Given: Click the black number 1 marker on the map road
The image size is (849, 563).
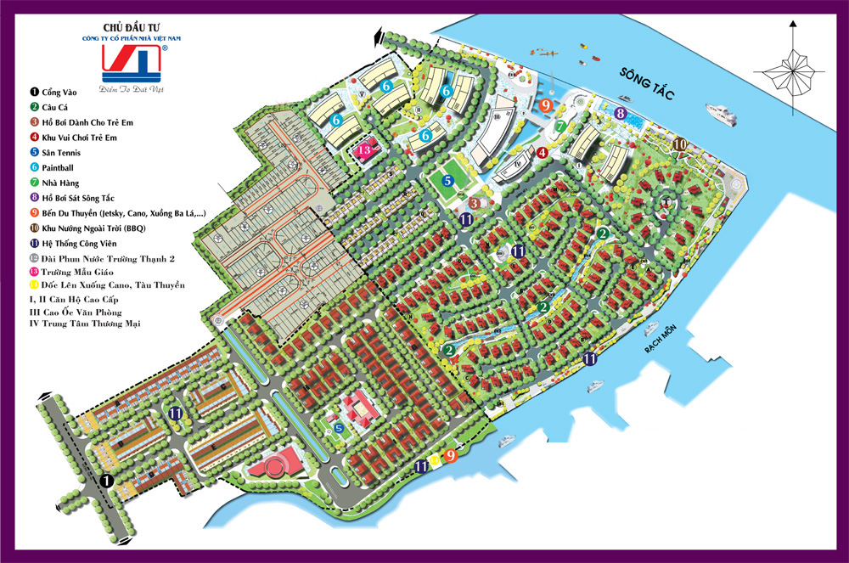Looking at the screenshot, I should click(x=107, y=481).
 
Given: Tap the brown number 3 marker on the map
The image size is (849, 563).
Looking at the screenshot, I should click(x=476, y=203).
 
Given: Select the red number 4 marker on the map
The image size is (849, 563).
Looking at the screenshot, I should click(x=542, y=152).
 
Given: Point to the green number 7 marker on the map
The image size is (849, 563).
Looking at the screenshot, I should click(x=560, y=126).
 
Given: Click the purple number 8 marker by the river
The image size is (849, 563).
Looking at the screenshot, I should click(x=621, y=113).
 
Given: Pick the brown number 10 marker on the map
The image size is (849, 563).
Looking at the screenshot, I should click(x=679, y=144).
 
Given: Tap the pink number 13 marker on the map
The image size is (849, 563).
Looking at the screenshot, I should click(x=365, y=150).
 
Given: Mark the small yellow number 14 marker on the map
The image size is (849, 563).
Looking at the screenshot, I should click(x=436, y=460).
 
